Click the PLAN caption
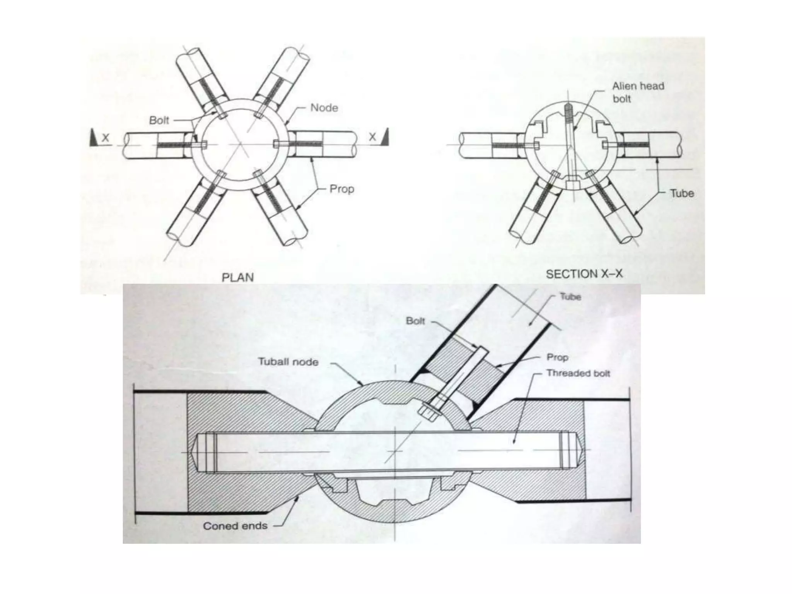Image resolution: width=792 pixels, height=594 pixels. pyautogui.click(x=237, y=277)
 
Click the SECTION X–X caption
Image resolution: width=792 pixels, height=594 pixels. pyautogui.click(x=584, y=274)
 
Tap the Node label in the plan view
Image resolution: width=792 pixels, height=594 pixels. pyautogui.click(x=324, y=108)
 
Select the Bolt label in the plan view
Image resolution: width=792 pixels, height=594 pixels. pyautogui.click(x=159, y=120)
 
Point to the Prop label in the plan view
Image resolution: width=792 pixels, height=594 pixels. pyautogui.click(x=342, y=189)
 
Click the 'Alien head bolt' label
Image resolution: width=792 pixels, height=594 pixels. pyautogui.click(x=638, y=92)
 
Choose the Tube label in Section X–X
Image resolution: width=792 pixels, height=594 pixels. pyautogui.click(x=682, y=193)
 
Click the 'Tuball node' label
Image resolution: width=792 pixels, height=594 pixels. pyautogui.click(x=288, y=362)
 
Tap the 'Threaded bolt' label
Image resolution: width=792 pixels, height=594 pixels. pyautogui.click(x=578, y=373)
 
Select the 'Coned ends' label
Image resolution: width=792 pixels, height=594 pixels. pyautogui.click(x=235, y=526)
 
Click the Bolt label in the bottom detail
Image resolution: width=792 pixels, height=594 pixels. pyautogui.click(x=415, y=321)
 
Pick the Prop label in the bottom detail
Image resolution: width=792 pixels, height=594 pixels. pyautogui.click(x=557, y=357)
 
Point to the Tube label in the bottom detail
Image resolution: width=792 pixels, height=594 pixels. pyautogui.click(x=570, y=297)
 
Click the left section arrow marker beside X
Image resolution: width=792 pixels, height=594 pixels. pyautogui.click(x=94, y=138)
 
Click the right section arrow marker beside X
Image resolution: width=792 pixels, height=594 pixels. pyautogui.click(x=384, y=137)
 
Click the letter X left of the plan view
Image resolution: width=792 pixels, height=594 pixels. pyautogui.click(x=106, y=137)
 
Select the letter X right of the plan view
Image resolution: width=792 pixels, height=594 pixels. pyautogui.click(x=372, y=137)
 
